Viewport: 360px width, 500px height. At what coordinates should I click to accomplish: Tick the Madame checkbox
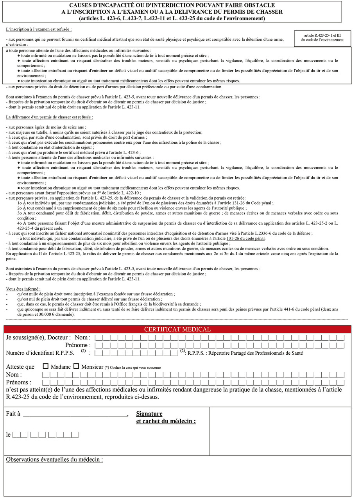pos(46,366)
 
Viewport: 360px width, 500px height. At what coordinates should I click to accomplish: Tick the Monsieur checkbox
pos(76,366)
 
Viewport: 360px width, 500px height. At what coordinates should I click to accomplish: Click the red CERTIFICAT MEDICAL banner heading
pos(177,329)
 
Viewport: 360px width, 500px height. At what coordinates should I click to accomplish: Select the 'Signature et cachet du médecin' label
pos(166,417)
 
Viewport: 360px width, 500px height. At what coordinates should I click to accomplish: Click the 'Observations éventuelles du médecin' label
pos(54,459)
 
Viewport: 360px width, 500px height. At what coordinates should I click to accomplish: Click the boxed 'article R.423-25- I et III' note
pos(322,38)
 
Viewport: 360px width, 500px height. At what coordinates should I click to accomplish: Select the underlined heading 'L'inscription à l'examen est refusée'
pos(39,30)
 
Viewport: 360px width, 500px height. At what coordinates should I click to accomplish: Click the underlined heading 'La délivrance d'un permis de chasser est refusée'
pos(50,117)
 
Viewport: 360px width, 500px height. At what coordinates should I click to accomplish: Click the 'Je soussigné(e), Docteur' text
pos(38,337)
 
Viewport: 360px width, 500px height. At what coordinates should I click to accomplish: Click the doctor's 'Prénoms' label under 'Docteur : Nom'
pos(78,345)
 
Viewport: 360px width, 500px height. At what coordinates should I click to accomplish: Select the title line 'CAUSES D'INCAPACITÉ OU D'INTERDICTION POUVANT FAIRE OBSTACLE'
pos(172,5)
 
